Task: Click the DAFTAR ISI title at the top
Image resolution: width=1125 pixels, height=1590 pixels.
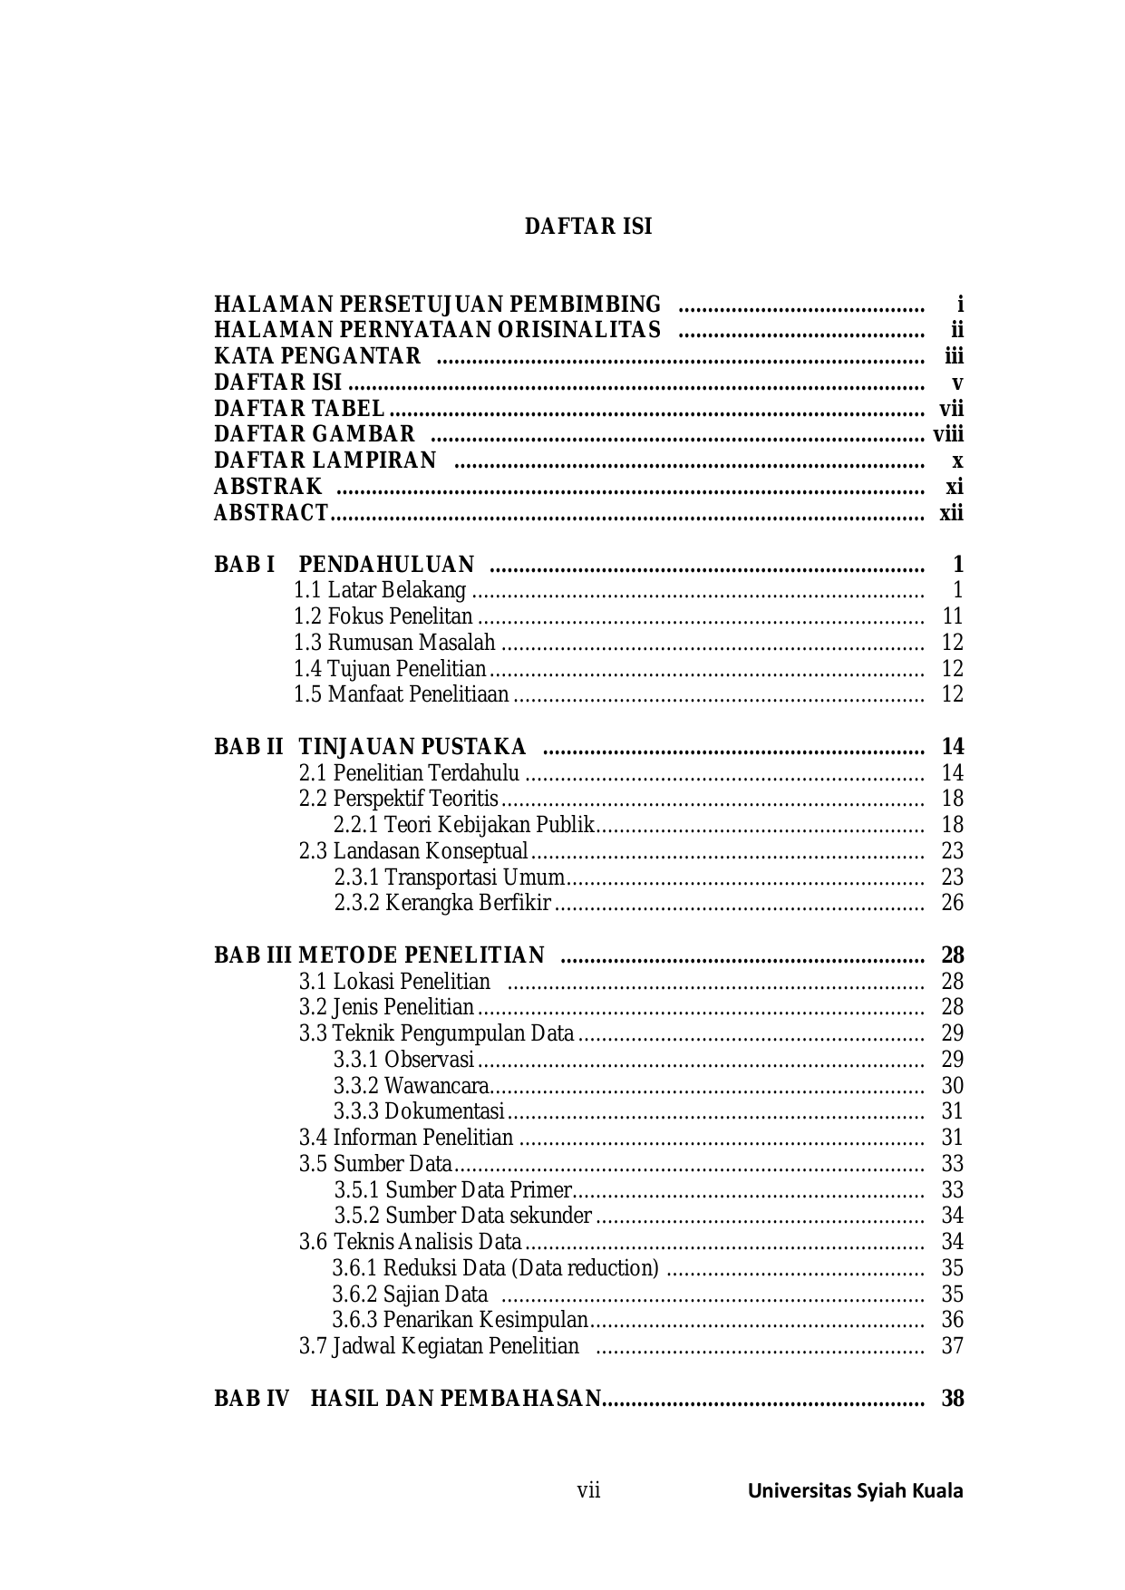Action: point(588,227)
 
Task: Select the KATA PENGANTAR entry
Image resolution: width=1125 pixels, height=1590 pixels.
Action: point(317,356)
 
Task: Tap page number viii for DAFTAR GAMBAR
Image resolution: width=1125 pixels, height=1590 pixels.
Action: point(948,434)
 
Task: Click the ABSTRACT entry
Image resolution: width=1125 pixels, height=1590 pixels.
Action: point(270,513)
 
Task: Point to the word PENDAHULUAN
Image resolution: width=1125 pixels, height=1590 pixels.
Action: point(386,565)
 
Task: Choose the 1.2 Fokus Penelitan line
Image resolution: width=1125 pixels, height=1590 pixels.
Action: point(383,616)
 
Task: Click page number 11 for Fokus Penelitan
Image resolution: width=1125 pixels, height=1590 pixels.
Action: point(952,616)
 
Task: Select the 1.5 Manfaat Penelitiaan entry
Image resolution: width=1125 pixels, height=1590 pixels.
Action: point(401,694)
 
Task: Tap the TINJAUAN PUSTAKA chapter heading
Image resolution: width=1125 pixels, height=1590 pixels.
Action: point(412,747)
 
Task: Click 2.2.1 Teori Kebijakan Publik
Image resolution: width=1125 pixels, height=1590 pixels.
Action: point(464,825)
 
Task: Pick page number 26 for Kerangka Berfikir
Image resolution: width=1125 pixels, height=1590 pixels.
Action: point(952,903)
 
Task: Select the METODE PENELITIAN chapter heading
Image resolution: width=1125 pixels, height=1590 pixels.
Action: point(421,955)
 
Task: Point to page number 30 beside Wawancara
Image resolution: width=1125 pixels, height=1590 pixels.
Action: point(952,1086)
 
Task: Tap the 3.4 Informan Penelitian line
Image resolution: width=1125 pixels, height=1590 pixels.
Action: point(406,1138)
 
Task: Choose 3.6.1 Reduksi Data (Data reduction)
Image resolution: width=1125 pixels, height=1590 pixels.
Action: point(495,1268)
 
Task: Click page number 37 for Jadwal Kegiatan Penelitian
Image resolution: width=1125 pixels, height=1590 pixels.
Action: point(952,1346)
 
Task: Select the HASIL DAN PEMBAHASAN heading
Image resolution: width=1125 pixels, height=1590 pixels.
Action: point(455,1399)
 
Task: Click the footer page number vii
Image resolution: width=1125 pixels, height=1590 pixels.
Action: point(588,1490)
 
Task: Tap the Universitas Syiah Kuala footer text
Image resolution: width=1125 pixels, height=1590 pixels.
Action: point(855,1491)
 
